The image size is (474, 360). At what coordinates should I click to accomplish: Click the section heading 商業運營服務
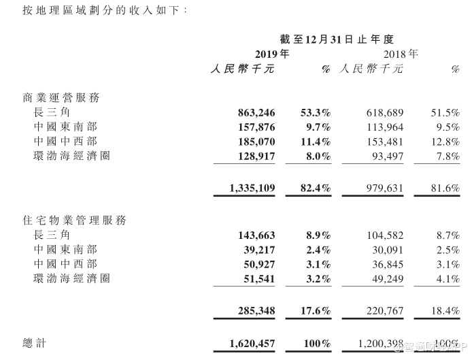[x=61, y=97]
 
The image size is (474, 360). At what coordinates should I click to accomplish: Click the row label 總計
[x=35, y=344]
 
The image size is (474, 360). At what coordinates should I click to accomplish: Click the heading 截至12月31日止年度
[x=337, y=39]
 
